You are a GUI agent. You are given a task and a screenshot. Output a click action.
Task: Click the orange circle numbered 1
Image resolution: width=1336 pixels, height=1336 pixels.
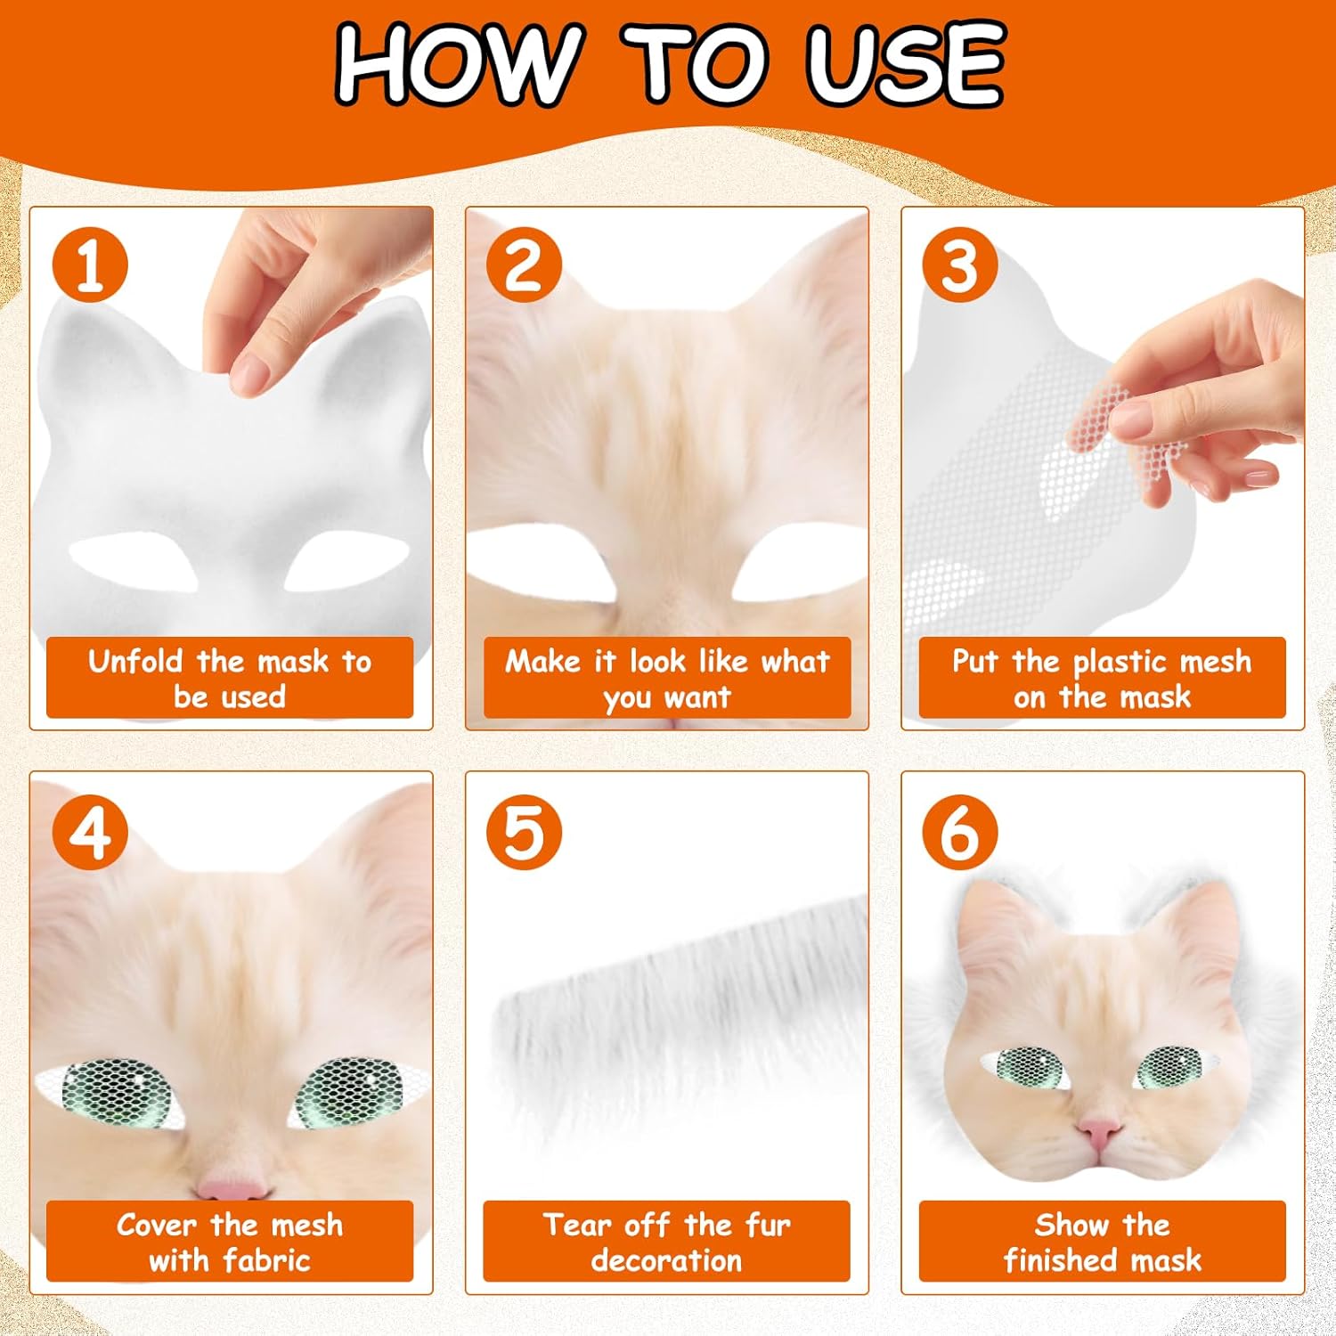click(89, 265)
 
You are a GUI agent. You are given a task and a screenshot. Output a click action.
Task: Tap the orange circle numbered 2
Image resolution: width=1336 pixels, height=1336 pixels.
click(524, 265)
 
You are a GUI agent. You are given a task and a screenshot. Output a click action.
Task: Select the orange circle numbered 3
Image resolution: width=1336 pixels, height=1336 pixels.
click(959, 265)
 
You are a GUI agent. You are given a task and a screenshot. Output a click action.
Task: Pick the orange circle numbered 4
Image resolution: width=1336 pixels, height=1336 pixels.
click(89, 833)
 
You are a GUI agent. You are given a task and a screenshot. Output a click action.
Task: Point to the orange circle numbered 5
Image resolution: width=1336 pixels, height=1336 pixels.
click(524, 833)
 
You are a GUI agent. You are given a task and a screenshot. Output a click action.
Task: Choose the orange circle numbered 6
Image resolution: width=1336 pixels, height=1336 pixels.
click(959, 833)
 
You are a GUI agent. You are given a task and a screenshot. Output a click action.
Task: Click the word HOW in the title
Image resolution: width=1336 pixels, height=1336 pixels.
click(456, 64)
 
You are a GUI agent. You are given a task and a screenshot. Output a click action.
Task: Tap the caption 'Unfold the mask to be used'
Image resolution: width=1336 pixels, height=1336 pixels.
click(230, 678)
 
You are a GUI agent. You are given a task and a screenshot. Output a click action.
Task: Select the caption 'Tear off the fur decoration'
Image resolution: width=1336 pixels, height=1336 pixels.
click(666, 1242)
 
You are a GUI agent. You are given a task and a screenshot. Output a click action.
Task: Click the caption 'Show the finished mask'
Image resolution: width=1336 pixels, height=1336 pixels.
click(1102, 1242)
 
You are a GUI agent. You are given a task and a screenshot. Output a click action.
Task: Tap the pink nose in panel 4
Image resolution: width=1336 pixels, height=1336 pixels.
click(231, 1188)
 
